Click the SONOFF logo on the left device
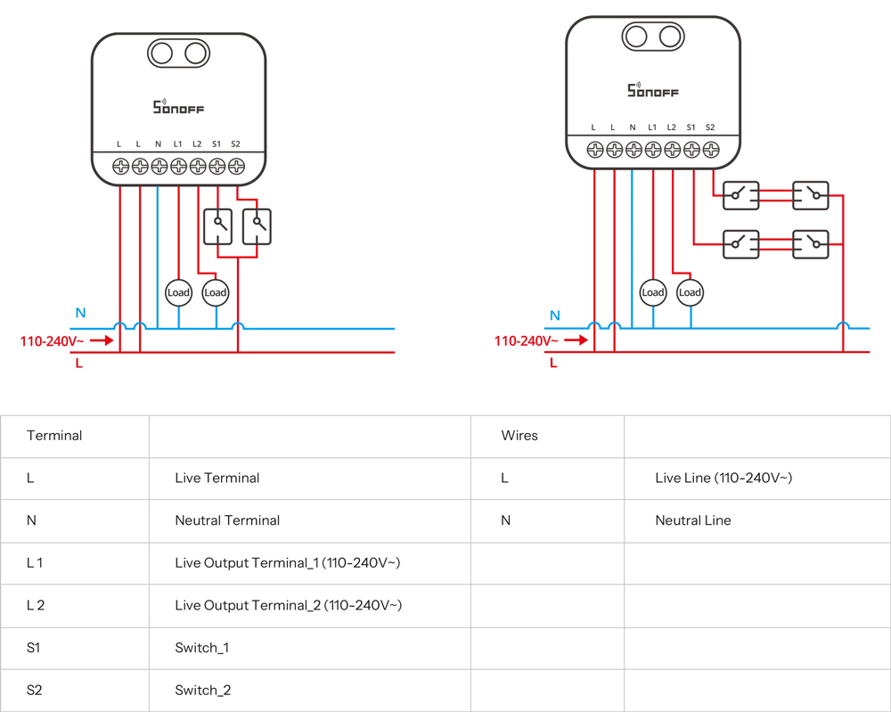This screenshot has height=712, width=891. pyautogui.click(x=178, y=106)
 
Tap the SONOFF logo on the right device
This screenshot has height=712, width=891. pyautogui.click(x=653, y=89)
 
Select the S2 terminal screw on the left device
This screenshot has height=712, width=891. pyautogui.click(x=236, y=167)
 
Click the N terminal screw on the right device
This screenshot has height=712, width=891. pyautogui.click(x=634, y=150)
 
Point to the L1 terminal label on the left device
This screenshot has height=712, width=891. pyautogui.click(x=178, y=144)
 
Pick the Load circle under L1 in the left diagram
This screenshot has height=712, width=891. pyautogui.click(x=178, y=292)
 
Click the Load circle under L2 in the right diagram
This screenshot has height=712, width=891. pyautogui.click(x=690, y=292)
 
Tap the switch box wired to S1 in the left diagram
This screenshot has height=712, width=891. pyautogui.click(x=217, y=226)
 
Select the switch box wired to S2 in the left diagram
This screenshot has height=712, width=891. pyautogui.click(x=257, y=226)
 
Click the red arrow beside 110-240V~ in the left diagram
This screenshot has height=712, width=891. pyautogui.click(x=102, y=340)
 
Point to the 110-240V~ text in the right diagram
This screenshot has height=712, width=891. pyautogui.click(x=527, y=341)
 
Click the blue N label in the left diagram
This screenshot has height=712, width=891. pyautogui.click(x=81, y=313)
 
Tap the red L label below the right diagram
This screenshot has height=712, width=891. pyautogui.click(x=553, y=363)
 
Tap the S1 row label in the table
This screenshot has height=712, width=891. pyautogui.click(x=34, y=648)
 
